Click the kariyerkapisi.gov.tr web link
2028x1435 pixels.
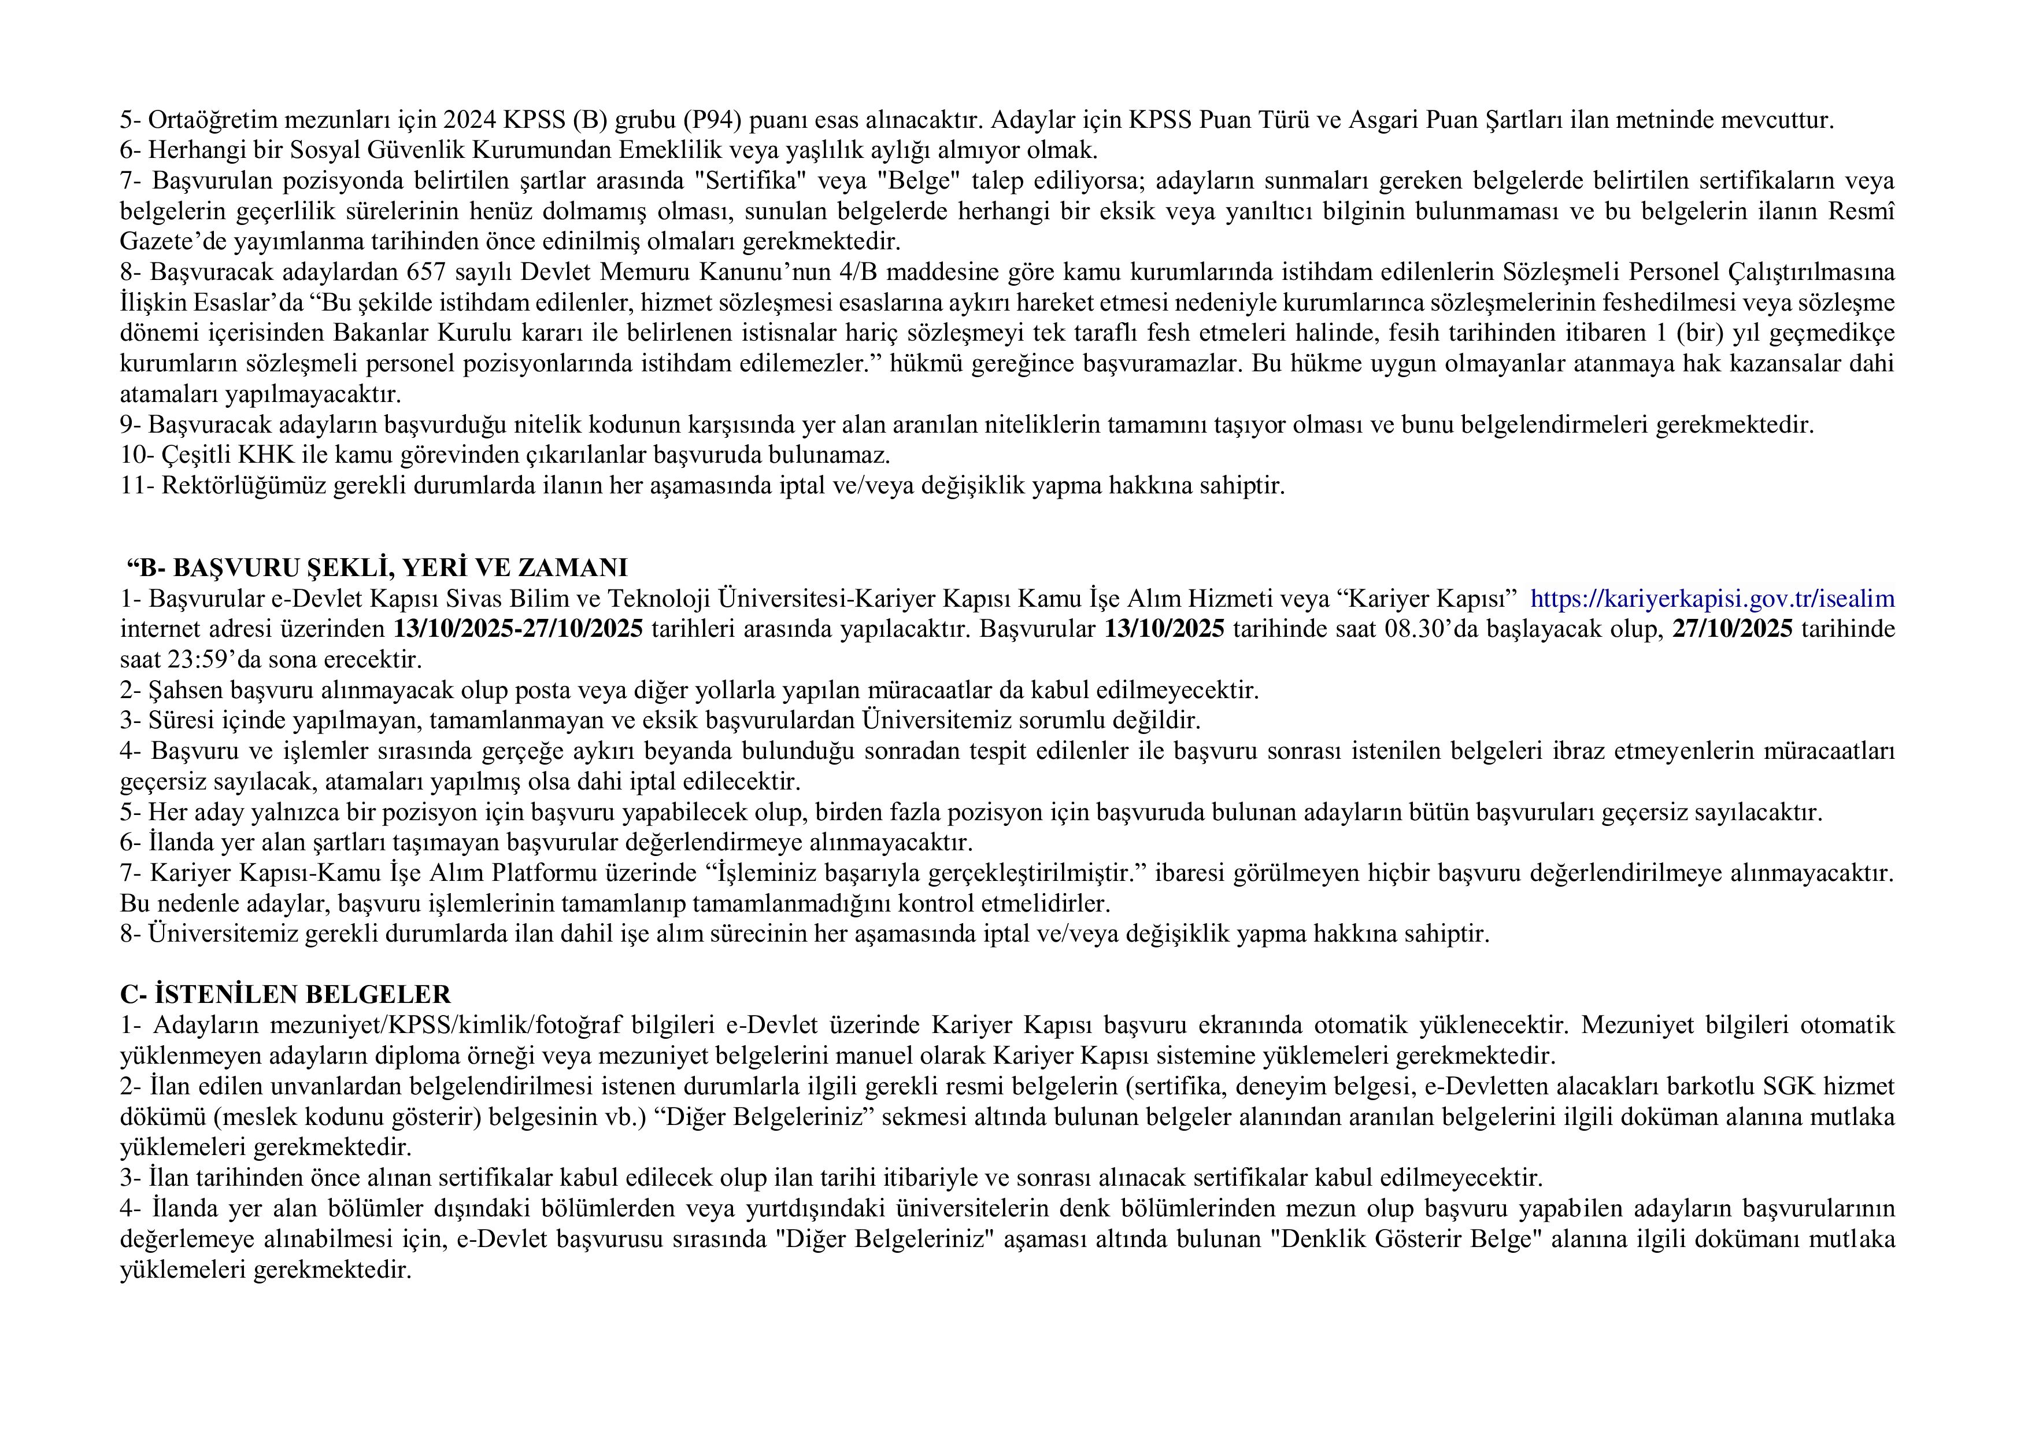point(1712,599)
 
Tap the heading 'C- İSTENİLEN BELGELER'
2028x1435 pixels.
point(286,995)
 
